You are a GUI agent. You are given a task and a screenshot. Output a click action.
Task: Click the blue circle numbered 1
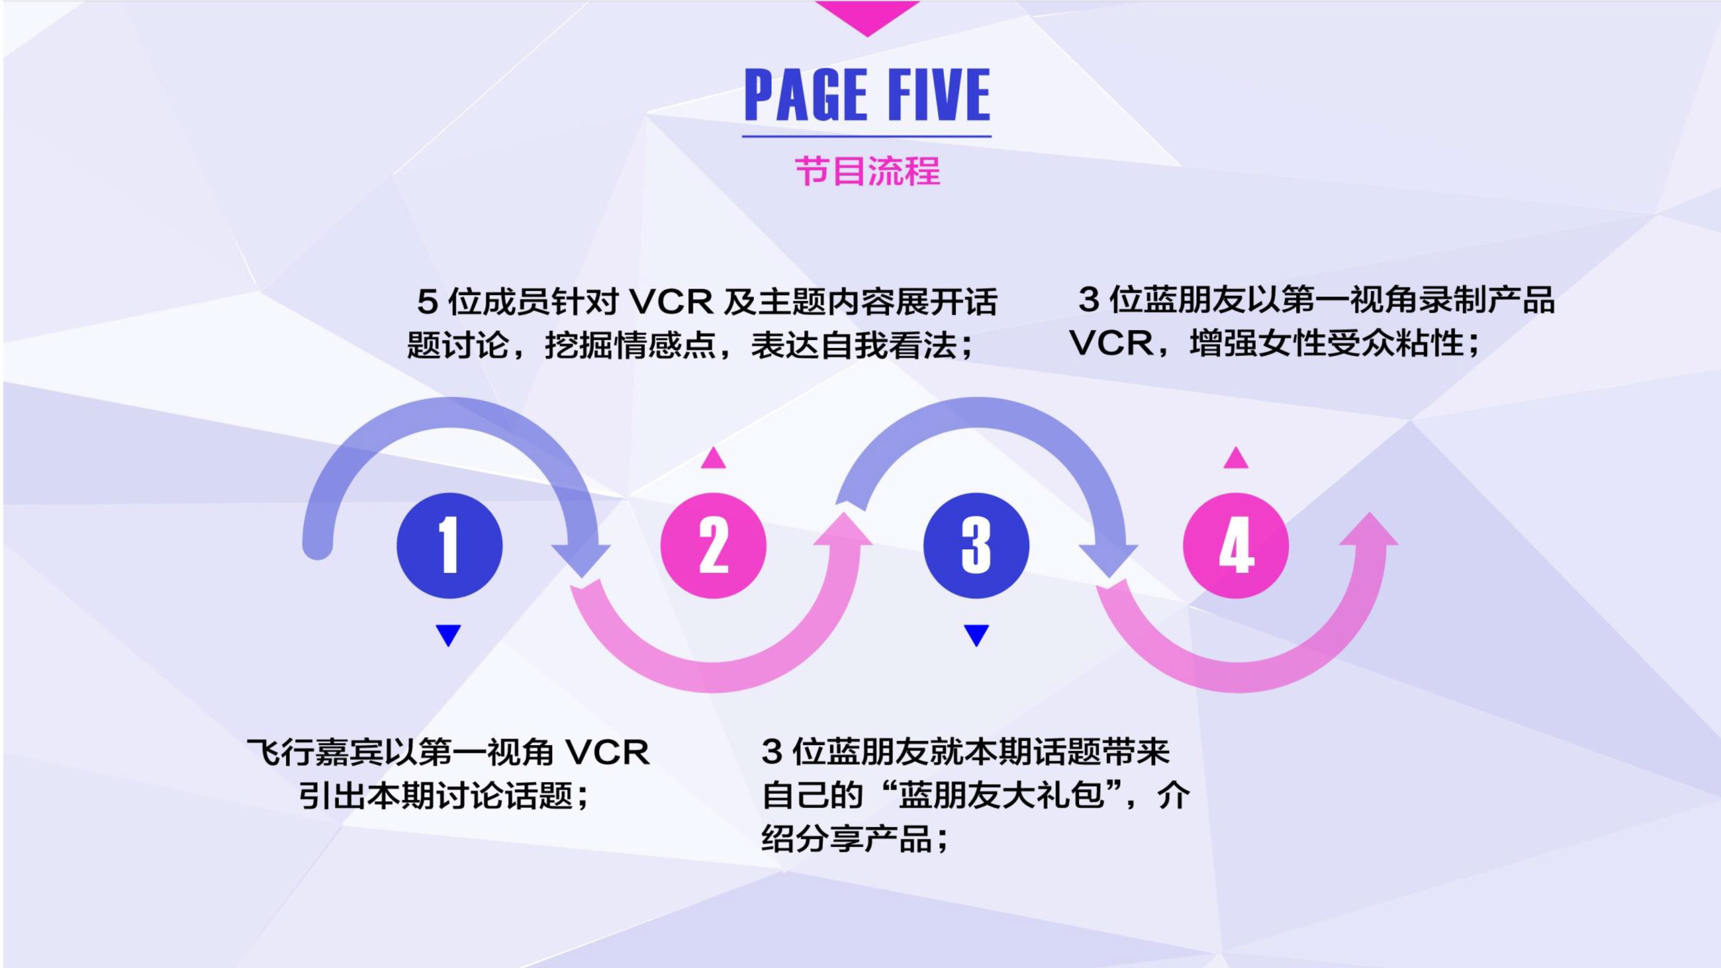click(x=449, y=545)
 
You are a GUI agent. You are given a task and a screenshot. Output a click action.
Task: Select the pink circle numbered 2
click(x=713, y=545)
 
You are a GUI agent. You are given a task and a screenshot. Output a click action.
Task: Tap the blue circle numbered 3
click(x=976, y=545)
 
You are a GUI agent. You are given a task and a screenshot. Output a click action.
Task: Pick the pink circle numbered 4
click(x=1235, y=545)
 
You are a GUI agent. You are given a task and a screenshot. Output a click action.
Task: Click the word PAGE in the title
click(x=805, y=95)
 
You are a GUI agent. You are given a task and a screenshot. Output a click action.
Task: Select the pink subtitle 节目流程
click(x=867, y=171)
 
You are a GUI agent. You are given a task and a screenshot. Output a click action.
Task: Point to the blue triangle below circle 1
click(x=449, y=634)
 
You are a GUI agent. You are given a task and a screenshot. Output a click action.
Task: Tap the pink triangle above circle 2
click(x=713, y=458)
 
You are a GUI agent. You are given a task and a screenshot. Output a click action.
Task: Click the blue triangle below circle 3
click(x=976, y=634)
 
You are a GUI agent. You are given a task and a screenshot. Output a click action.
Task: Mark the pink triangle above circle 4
click(x=1235, y=458)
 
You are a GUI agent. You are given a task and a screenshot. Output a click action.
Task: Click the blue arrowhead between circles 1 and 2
click(x=581, y=558)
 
